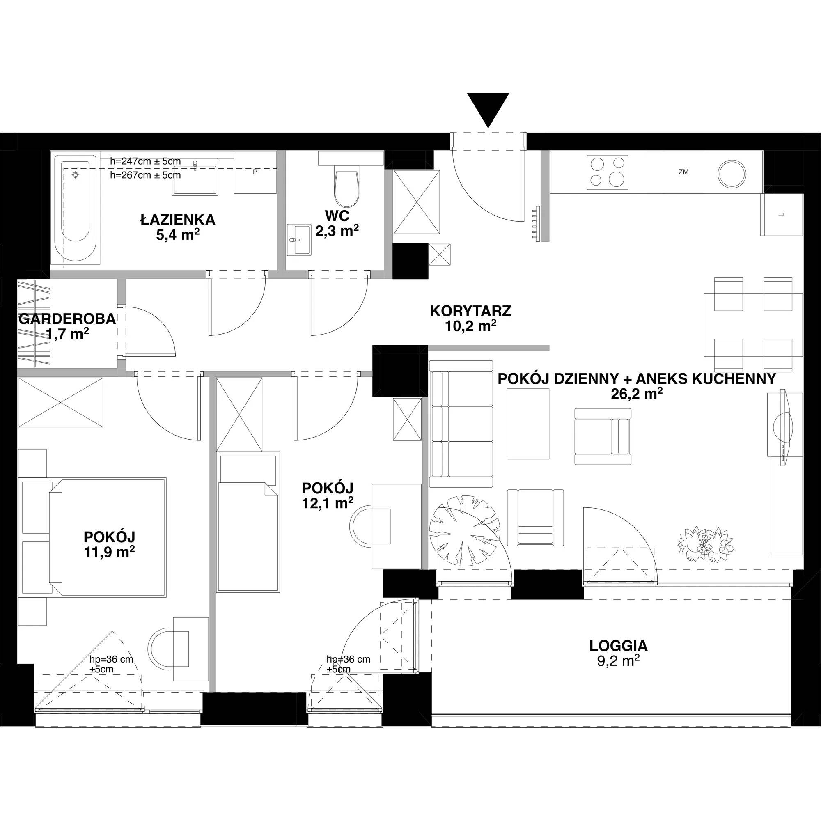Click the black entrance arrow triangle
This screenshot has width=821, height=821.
(488, 108)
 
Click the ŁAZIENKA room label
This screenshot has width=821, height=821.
(178, 220)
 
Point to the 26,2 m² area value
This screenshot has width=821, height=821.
(637, 394)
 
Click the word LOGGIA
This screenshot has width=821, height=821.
(618, 646)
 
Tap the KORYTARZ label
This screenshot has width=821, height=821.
(470, 311)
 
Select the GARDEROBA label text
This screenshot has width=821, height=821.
(67, 319)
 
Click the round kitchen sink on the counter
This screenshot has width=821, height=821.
(732, 173)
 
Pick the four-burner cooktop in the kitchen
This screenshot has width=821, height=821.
(607, 172)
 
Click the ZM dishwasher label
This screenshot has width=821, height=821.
(683, 172)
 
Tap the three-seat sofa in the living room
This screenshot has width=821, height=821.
(461, 423)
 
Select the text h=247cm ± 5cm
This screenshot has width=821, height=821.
(145, 161)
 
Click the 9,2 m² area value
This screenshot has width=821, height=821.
(618, 661)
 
